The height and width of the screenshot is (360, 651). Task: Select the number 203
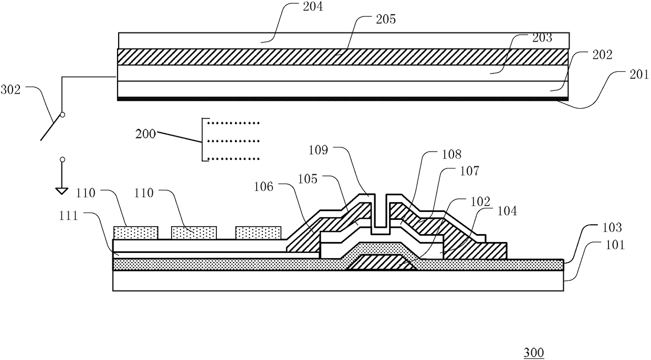[x=541, y=38]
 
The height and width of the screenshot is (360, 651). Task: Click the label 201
[x=638, y=75]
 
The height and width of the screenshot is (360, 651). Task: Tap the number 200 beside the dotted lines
[x=145, y=134]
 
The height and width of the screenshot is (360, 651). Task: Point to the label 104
[x=507, y=211]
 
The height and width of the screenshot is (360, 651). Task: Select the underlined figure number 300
[x=533, y=352]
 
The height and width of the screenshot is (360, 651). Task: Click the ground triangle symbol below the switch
[x=62, y=191]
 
